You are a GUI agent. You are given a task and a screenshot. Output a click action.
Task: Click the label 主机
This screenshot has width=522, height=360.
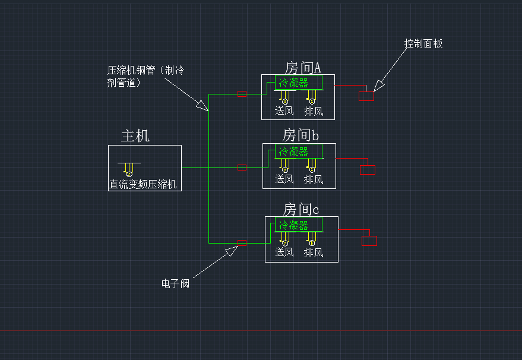tap(135, 136)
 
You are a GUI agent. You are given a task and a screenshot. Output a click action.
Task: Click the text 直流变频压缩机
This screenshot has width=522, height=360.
tap(143, 185)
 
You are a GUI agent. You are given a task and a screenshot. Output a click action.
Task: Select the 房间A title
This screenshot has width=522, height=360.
tap(303, 67)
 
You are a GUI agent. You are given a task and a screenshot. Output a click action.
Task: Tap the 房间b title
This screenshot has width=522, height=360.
tap(300, 136)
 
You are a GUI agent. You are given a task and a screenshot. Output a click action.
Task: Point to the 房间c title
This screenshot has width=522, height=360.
tap(300, 209)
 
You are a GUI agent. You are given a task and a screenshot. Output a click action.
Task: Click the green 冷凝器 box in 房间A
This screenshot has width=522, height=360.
tap(299, 82)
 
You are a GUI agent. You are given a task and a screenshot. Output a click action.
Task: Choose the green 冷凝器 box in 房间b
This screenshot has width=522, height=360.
tap(299, 151)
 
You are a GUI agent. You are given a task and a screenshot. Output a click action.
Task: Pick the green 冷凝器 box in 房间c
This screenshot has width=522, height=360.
tap(299, 225)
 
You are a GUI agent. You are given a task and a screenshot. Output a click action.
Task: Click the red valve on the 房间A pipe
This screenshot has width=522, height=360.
tap(242, 94)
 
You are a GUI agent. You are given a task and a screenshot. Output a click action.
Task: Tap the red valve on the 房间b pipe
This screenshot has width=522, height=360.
tap(242, 168)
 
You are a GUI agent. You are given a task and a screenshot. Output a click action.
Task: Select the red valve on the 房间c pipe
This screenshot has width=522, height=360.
tap(242, 242)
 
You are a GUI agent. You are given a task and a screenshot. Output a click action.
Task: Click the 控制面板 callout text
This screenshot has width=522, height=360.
tap(423, 44)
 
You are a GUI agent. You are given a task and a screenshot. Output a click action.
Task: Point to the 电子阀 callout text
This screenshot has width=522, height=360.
tap(175, 284)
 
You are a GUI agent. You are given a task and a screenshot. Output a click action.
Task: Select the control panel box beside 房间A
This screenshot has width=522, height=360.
tap(366, 96)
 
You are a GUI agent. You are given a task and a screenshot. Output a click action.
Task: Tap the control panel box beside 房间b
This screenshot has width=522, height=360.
tap(368, 170)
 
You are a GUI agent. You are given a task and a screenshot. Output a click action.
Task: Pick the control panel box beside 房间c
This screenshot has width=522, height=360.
tap(369, 241)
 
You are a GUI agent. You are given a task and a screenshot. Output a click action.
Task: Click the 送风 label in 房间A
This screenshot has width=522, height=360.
tap(284, 110)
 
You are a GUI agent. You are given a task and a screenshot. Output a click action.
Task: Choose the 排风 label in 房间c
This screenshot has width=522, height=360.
tap(314, 252)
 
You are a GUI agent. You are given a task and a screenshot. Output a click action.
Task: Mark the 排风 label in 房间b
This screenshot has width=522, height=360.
tap(314, 179)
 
